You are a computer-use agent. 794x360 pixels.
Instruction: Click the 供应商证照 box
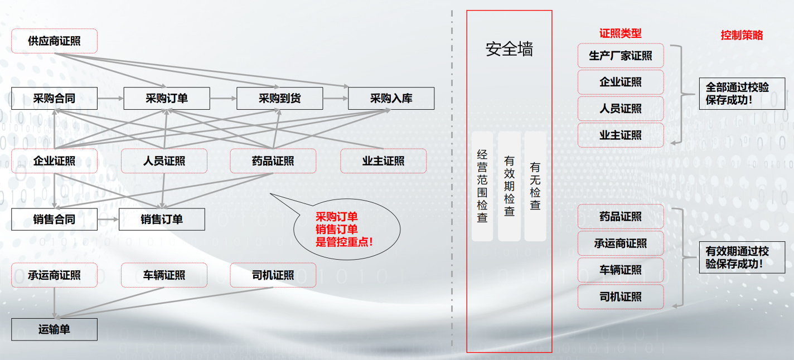[54, 41]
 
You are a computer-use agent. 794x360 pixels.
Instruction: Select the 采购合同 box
[54, 99]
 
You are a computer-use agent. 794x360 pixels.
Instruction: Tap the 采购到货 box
[279, 99]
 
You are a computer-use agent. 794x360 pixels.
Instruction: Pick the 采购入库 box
[391, 99]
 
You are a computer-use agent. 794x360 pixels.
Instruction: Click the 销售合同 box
[54, 219]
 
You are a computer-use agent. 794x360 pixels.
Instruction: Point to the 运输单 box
[54, 329]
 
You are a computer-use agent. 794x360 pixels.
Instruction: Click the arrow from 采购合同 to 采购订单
[110, 99]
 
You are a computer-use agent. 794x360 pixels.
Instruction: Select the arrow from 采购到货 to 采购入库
[335, 99]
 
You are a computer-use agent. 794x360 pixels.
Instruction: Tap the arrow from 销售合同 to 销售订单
[108, 219]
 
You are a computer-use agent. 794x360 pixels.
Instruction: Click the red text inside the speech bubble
[344, 230]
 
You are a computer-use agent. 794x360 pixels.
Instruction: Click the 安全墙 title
[509, 49]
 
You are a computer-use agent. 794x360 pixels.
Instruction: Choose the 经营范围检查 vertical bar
[482, 186]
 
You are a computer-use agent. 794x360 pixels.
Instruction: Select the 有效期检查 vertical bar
[509, 186]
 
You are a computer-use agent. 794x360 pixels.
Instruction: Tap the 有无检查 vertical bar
[535, 186]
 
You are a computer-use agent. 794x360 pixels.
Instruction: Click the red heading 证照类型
[620, 33]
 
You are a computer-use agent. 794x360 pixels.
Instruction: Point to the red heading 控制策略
[742, 35]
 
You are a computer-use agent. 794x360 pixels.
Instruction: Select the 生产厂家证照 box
[621, 56]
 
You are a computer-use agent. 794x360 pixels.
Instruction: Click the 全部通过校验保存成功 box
[742, 94]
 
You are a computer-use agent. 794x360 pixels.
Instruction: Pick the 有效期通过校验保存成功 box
[742, 257]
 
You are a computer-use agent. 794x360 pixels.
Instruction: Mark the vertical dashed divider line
[452, 178]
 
